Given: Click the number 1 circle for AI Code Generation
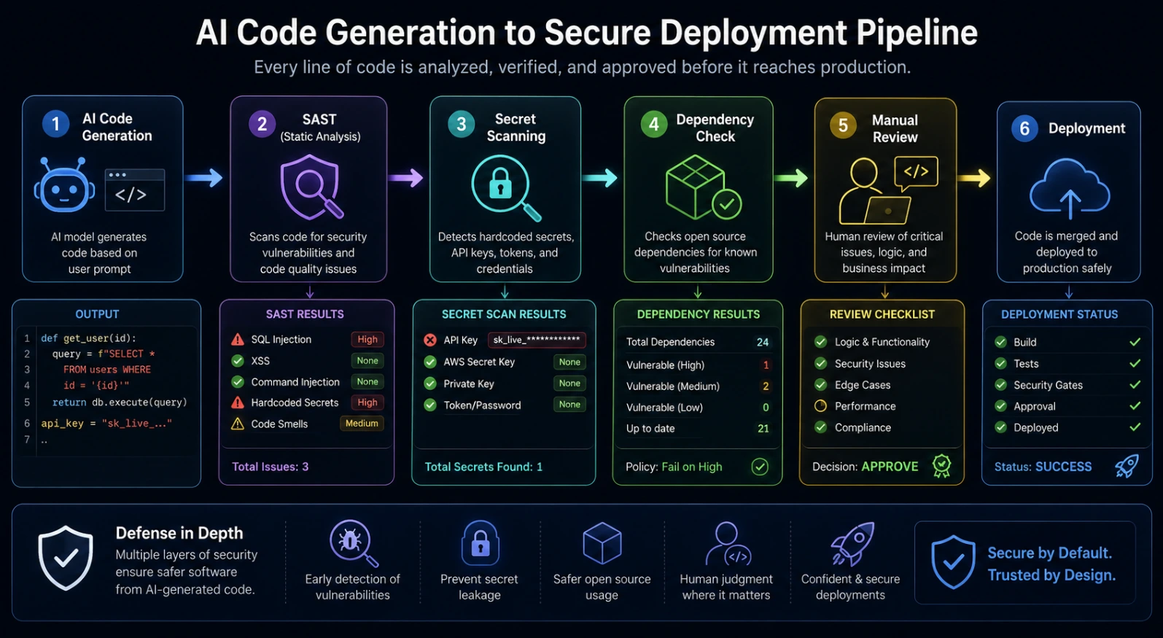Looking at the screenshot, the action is pyautogui.click(x=55, y=124).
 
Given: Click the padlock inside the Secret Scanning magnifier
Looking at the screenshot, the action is pyautogui.click(x=500, y=184).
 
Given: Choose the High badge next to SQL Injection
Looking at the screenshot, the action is pyautogui.click(x=367, y=340).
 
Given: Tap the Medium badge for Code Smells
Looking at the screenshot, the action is pyautogui.click(x=362, y=424).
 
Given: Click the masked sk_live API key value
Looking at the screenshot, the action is pyautogui.click(x=537, y=340).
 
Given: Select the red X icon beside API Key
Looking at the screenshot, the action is pyautogui.click(x=430, y=340).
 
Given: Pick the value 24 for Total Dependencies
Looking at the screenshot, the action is pyautogui.click(x=762, y=342).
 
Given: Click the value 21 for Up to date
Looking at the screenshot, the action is pyautogui.click(x=763, y=429).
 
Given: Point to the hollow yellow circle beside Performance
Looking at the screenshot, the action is pyautogui.click(x=820, y=406).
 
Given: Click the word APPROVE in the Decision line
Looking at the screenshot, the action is pyautogui.click(x=890, y=467).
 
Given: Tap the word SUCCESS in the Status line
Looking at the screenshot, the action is pyautogui.click(x=1063, y=467).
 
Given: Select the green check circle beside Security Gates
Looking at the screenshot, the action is pyautogui.click(x=1000, y=385).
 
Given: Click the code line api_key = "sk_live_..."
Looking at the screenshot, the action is pyautogui.click(x=106, y=424).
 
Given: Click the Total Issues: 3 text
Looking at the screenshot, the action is pyautogui.click(x=270, y=467).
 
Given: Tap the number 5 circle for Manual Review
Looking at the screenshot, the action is pyautogui.click(x=843, y=125).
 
